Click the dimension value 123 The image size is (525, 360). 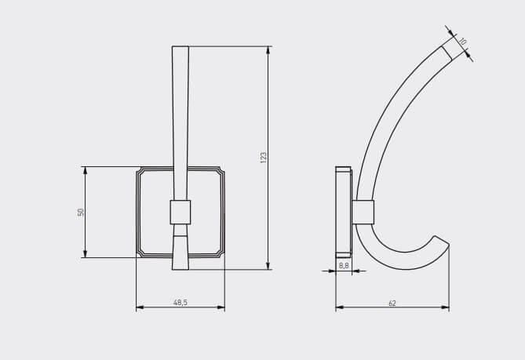264,157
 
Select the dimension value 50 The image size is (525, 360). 81,212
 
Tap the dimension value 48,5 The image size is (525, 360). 180,302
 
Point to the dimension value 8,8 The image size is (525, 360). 344,266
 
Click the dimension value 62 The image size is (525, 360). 392,302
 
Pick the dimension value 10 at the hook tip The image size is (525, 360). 463,41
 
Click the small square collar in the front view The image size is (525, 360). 180,212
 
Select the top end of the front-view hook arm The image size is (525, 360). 180,49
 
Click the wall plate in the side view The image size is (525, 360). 343,212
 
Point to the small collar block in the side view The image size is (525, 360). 363,212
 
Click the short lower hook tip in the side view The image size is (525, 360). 440,241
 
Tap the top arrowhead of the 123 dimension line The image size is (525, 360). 269,49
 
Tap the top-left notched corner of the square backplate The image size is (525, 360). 140,170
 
